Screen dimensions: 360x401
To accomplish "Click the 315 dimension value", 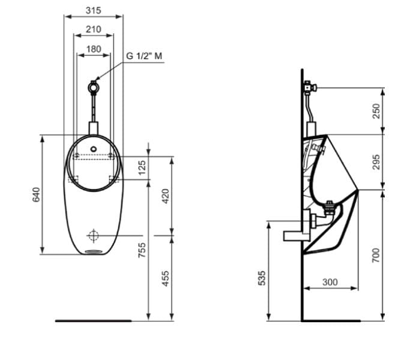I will click(x=93, y=10).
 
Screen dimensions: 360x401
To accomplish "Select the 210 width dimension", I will click(x=93, y=29).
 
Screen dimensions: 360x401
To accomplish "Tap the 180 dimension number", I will click(x=93, y=49).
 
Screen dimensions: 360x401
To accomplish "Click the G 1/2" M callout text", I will click(x=144, y=56).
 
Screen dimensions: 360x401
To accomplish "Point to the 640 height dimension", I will click(x=36, y=194).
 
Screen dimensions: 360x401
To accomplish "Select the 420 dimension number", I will click(x=166, y=196).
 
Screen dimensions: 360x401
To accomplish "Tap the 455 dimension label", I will click(x=166, y=278).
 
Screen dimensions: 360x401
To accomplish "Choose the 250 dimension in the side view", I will click(x=376, y=111).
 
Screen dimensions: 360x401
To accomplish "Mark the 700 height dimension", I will click(x=376, y=255).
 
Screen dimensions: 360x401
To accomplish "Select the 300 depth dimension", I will click(x=330, y=281).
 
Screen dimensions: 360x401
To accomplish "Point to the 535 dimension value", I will click(x=262, y=278).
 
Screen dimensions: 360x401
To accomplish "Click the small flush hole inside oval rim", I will click(x=94, y=147).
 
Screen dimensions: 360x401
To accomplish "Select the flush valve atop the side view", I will click(x=309, y=87).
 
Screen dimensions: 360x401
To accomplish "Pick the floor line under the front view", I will click(x=93, y=321).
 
